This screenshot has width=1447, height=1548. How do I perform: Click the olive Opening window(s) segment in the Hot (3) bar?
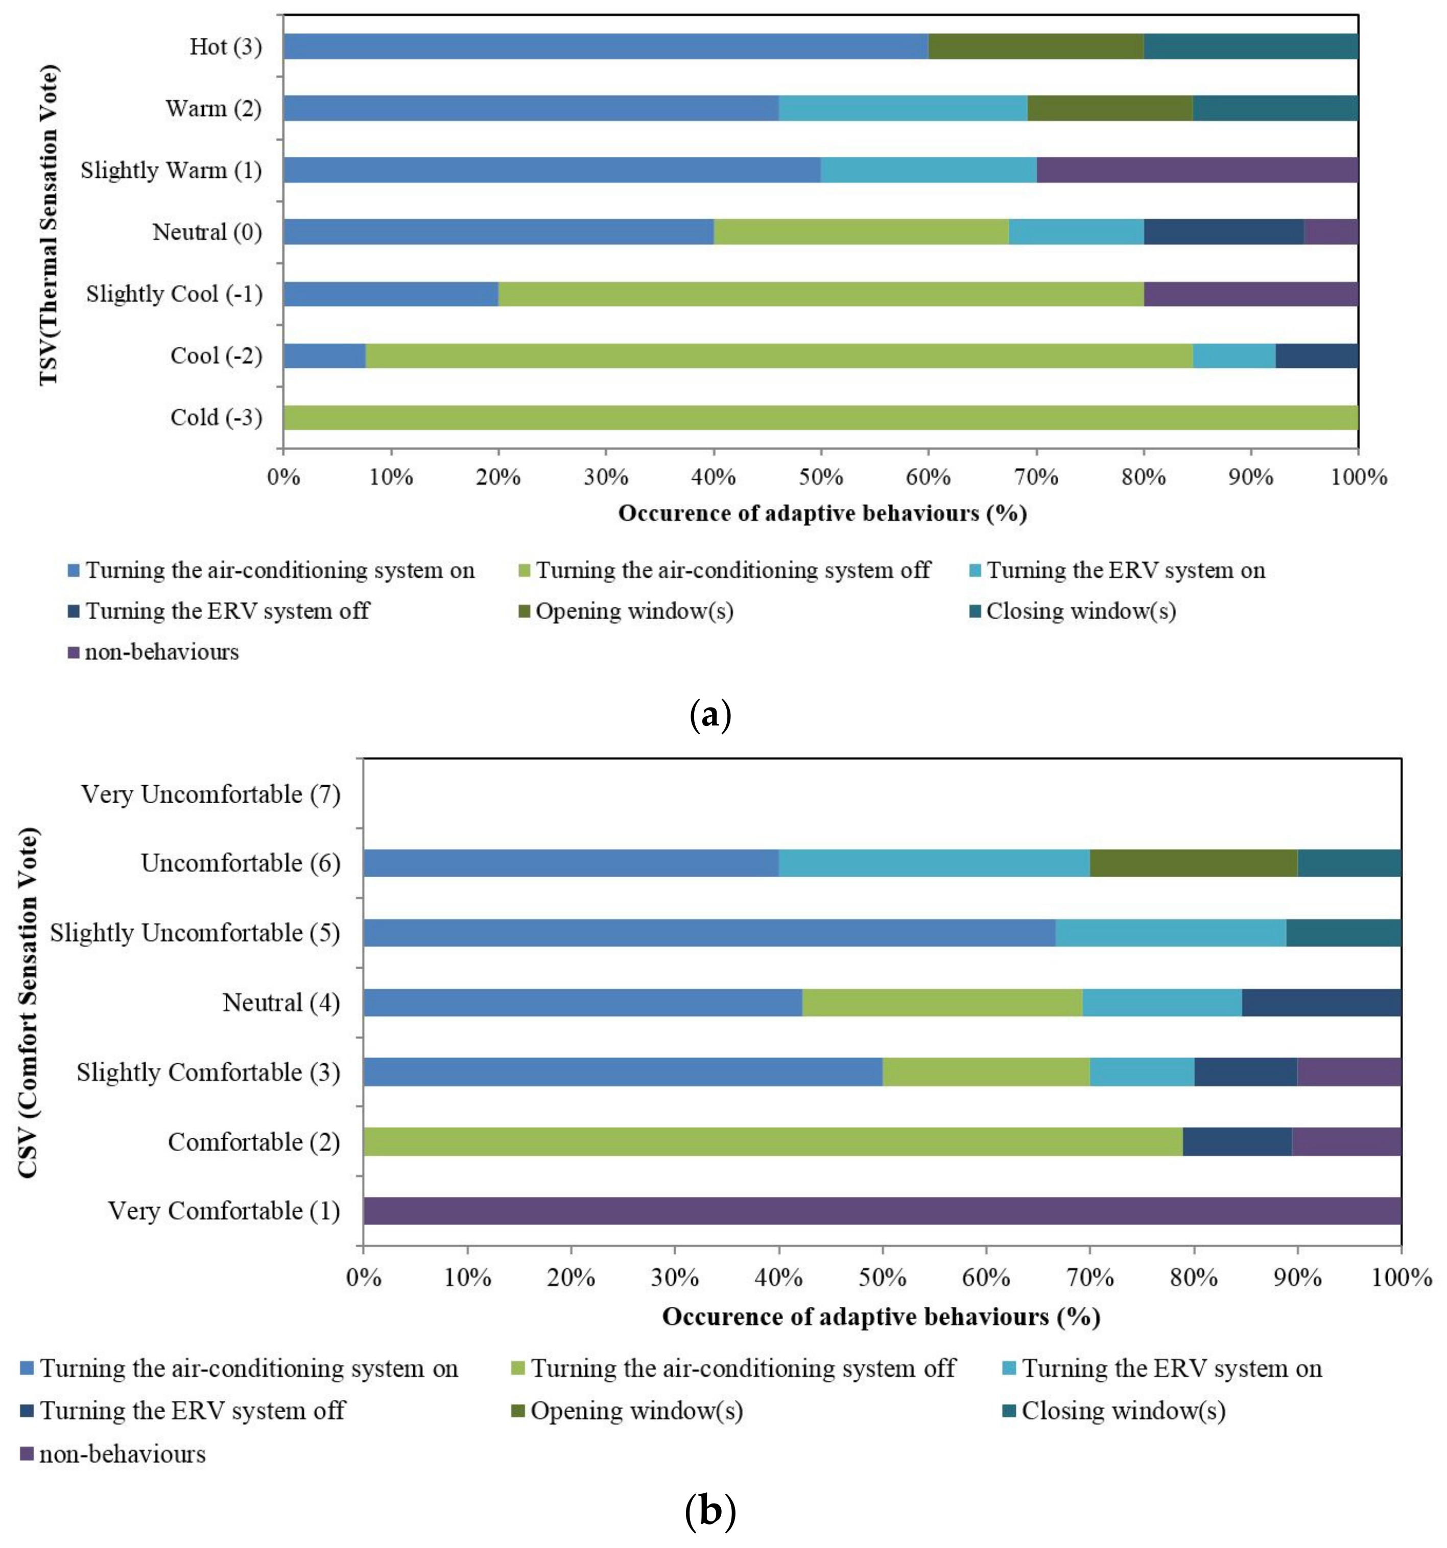[1035, 46]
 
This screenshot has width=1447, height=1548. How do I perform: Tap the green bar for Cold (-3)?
[820, 417]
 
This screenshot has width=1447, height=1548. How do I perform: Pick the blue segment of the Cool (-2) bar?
[324, 356]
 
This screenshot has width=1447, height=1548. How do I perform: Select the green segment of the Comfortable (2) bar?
[772, 1141]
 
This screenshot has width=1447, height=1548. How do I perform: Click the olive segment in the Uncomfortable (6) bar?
[1193, 863]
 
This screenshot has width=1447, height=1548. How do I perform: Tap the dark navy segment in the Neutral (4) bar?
[1321, 1002]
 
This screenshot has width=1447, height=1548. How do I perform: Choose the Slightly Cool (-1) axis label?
[174, 294]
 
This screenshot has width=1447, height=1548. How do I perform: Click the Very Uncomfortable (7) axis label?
[211, 794]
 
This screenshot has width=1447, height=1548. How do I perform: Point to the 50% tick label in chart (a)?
[821, 477]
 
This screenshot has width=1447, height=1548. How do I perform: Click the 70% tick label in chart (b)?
[1090, 1278]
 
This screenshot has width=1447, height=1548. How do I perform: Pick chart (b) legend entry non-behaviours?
[122, 1454]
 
